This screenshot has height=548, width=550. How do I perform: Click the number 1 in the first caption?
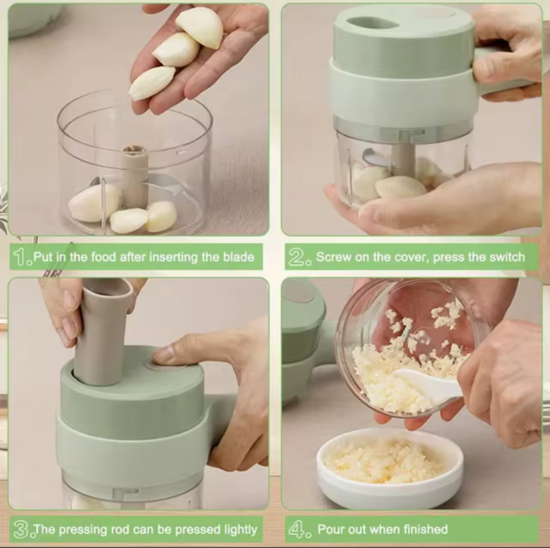(19, 257)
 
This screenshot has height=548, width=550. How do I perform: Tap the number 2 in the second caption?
(295, 257)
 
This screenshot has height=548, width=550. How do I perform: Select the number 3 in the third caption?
(21, 529)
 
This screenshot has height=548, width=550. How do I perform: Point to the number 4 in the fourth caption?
(295, 529)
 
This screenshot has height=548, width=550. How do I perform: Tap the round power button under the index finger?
(165, 365)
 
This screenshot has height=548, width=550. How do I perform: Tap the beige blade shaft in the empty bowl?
(134, 177)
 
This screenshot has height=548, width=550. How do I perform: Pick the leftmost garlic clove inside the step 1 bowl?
(94, 203)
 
